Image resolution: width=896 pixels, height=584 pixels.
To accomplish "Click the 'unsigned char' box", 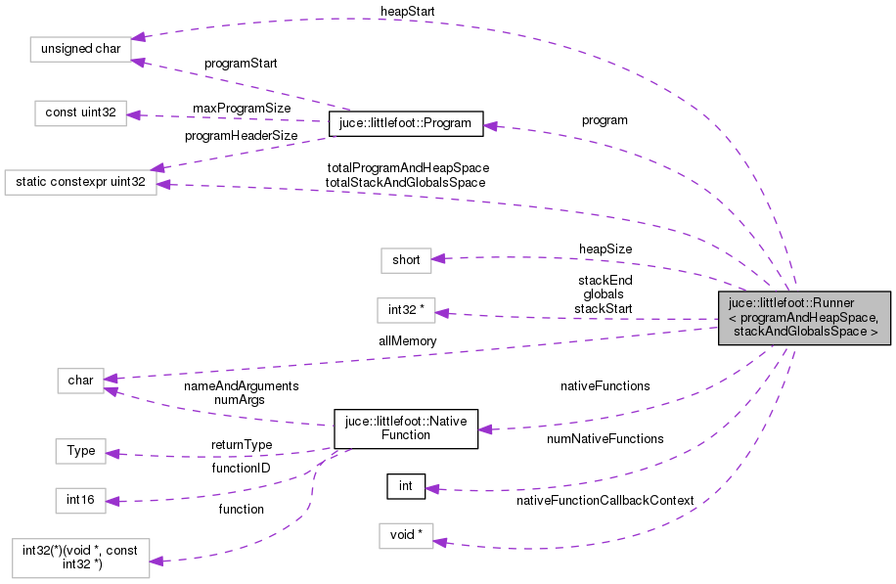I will [79, 48].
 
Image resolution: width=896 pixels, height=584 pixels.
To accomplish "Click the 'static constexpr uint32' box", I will [81, 182].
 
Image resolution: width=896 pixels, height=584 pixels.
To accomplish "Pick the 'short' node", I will [406, 259].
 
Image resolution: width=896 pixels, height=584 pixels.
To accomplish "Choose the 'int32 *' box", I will [406, 310].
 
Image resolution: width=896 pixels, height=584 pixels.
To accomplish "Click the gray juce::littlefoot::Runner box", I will [804, 318].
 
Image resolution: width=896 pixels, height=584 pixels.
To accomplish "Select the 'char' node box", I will [79, 381].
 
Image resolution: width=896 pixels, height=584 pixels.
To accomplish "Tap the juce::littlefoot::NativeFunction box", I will [406, 428].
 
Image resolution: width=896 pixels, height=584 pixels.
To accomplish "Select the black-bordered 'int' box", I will [406, 485].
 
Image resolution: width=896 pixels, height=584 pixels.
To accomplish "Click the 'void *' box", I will [406, 535].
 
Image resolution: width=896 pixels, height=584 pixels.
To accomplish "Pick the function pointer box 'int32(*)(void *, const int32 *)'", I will [81, 558].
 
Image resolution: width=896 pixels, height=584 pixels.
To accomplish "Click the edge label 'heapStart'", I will [408, 10].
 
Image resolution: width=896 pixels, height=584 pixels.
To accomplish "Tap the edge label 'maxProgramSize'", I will [242, 107].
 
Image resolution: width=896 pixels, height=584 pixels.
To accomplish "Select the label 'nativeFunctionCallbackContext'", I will [605, 500].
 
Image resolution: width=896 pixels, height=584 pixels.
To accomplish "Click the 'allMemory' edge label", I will [408, 340].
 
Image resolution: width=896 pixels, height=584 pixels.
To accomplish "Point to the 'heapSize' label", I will [605, 248].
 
